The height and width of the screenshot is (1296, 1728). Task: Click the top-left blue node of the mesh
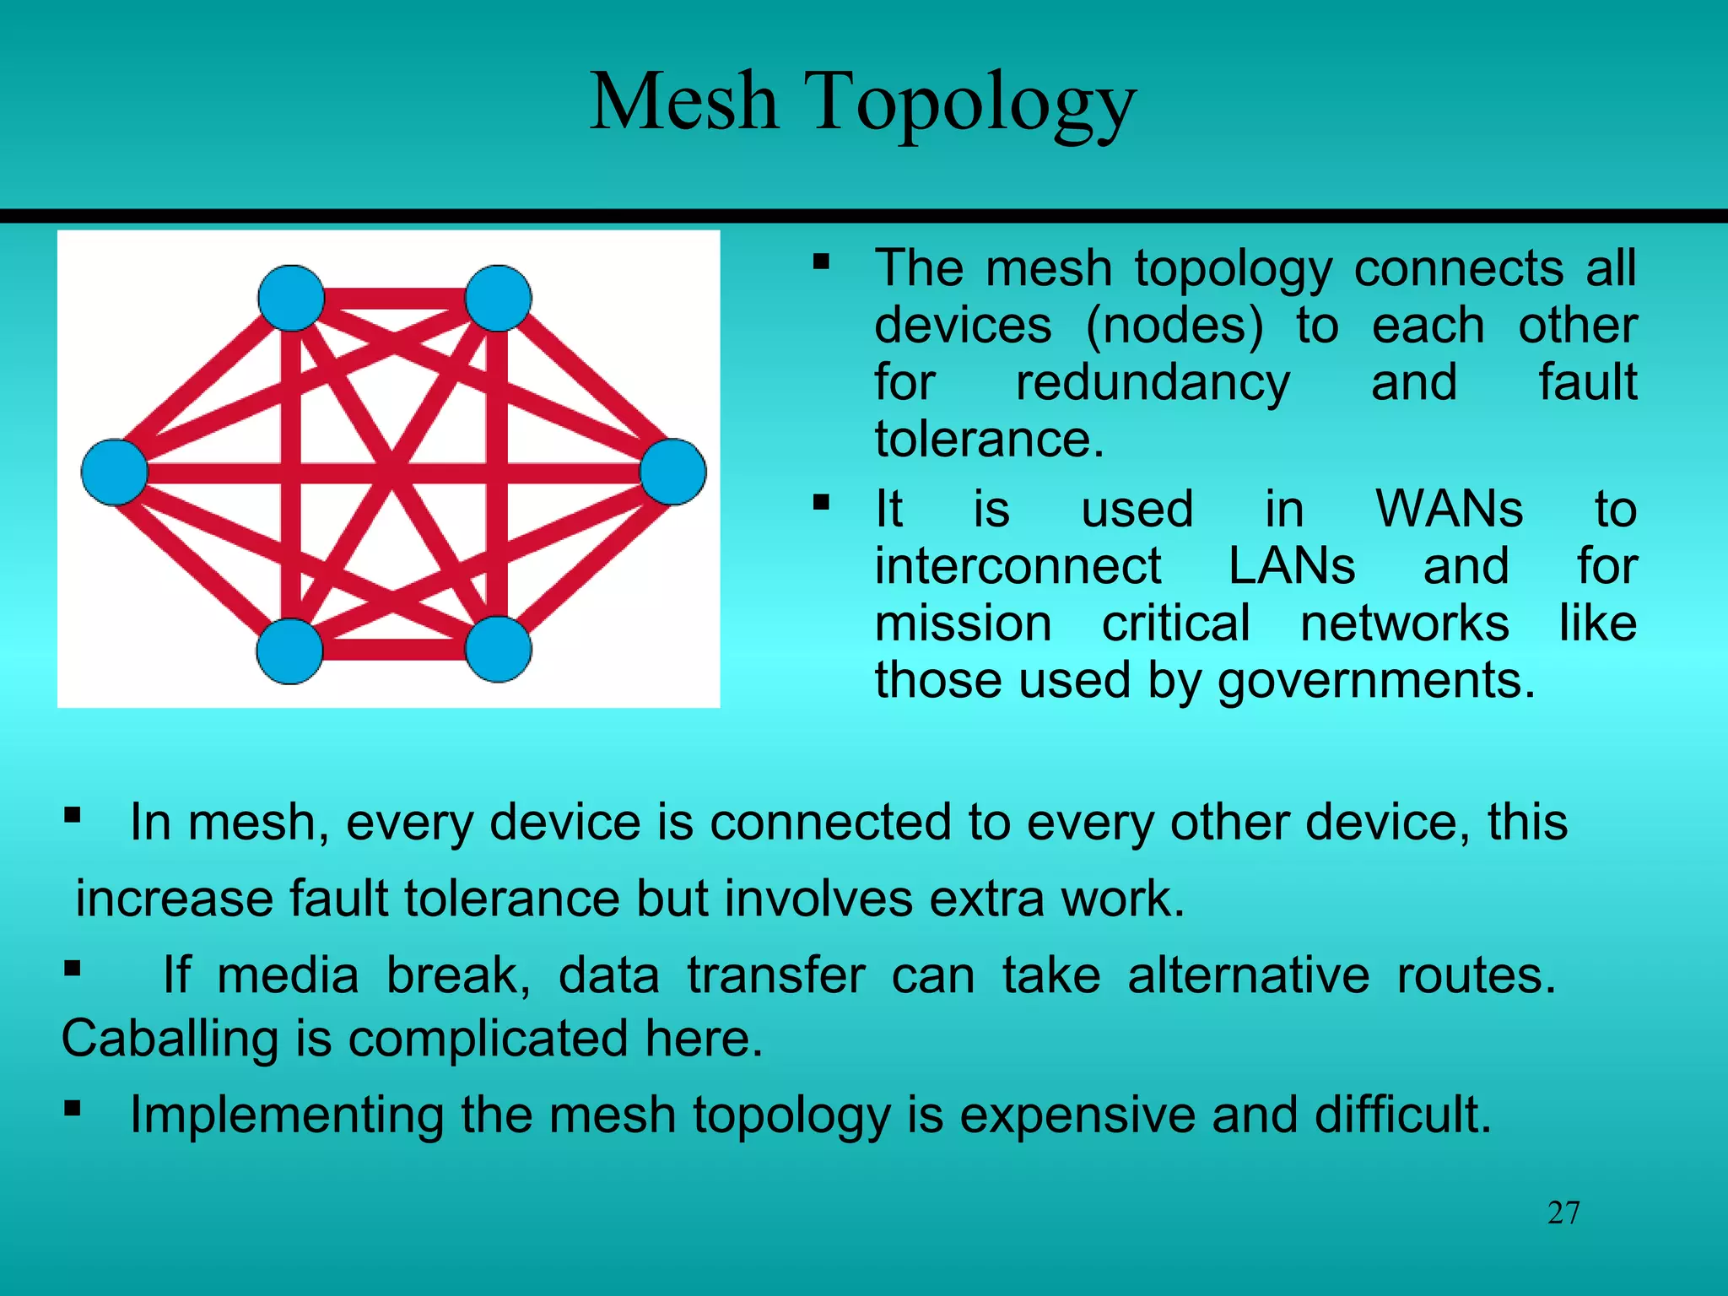[x=291, y=298]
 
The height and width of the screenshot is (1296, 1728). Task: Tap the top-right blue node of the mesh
[x=498, y=298]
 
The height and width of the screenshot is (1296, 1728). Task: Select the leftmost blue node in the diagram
[x=114, y=472]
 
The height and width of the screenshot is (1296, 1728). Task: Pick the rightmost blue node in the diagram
[x=672, y=472]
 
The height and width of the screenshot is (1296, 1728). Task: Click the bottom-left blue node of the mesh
[x=289, y=651]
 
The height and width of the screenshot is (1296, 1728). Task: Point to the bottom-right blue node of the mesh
[x=498, y=649]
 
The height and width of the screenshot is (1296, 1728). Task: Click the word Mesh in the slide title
[x=683, y=103]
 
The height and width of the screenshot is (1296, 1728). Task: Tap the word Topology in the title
[x=970, y=105]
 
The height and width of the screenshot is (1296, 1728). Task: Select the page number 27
[x=1563, y=1213]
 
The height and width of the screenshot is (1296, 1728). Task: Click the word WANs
[x=1449, y=510]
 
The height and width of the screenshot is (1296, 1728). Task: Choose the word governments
[x=1376, y=680]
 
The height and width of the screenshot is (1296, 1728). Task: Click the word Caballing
[x=170, y=1039]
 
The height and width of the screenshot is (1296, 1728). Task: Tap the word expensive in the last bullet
[x=1077, y=1115]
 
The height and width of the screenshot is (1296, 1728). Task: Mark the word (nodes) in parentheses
[x=1174, y=326]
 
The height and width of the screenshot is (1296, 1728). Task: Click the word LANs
[x=1291, y=566]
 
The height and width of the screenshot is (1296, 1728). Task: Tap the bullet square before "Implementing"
[x=73, y=1107]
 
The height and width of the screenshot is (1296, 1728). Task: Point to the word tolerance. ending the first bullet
[x=989, y=440]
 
